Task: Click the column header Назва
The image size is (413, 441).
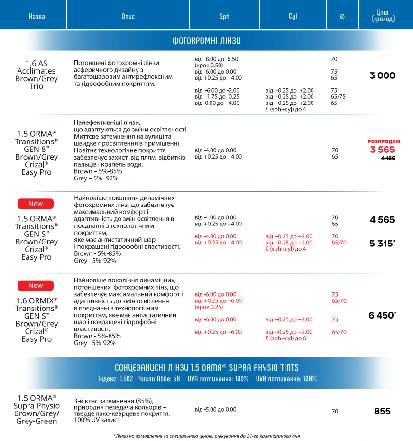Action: click(37, 16)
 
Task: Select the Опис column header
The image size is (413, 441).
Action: click(128, 16)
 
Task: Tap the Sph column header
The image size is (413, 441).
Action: click(224, 16)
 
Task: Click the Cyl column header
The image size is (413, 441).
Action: click(293, 16)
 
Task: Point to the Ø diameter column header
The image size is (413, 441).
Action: click(342, 16)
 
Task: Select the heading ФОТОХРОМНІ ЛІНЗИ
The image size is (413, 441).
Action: click(206, 41)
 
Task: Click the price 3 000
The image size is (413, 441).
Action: click(382, 75)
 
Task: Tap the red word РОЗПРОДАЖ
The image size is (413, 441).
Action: click(384, 141)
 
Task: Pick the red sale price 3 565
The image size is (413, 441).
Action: click(383, 150)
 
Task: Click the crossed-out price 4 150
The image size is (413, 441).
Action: click(388, 158)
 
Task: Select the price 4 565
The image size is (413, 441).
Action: click(382, 220)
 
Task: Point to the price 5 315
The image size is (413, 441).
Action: click(382, 244)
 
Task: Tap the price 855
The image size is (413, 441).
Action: click(382, 411)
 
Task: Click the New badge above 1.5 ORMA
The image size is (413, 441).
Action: click(36, 204)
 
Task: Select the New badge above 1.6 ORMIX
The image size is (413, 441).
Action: click(36, 285)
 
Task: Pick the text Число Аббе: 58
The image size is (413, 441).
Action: click(159, 379)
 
